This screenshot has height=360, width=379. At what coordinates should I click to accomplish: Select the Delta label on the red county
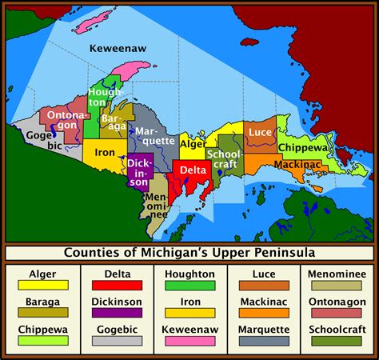[192, 170]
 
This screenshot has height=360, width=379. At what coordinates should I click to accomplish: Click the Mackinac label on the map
[297, 165]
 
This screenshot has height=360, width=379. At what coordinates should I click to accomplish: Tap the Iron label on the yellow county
[104, 151]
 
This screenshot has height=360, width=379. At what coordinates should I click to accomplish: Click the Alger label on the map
[193, 144]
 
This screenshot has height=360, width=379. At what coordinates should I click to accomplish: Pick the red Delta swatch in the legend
[116, 285]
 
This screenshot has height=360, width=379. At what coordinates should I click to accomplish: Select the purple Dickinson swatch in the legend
[116, 313]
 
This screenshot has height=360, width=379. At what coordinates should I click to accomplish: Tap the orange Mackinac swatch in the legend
[263, 313]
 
